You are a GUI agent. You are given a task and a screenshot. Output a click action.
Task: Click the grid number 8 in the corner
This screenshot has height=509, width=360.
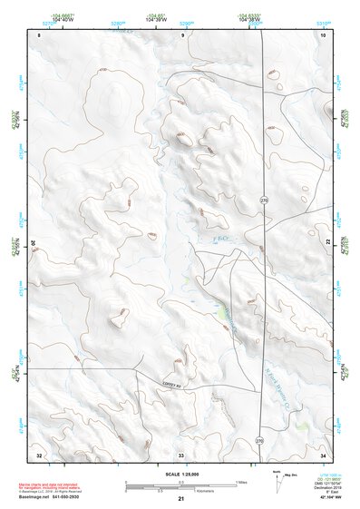pyautogui.click(x=40, y=34)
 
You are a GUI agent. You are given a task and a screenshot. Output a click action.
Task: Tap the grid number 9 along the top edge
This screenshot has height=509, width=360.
pyautogui.click(x=182, y=34)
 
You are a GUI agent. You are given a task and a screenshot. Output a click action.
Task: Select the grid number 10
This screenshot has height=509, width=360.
pyautogui.click(x=323, y=34)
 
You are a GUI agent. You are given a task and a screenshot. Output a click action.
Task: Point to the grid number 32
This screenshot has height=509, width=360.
pyautogui.click(x=39, y=454)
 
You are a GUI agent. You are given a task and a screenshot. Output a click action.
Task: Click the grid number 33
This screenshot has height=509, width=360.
pyautogui.click(x=181, y=454)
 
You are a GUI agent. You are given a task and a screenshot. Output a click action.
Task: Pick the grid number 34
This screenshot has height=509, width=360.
pyautogui.click(x=323, y=454)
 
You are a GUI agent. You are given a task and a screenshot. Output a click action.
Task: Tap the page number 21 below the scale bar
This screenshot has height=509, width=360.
pyautogui.click(x=181, y=499)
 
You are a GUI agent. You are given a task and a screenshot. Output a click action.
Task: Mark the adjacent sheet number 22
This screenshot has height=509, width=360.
pyautogui.click(x=328, y=240)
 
